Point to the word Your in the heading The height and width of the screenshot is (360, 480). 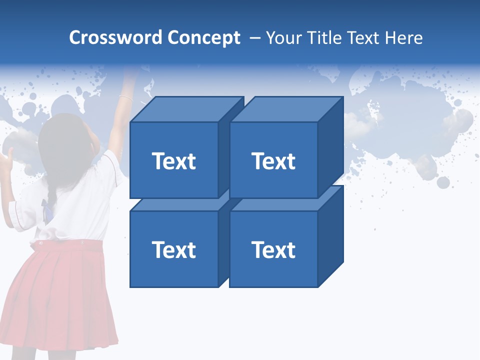click(x=284, y=38)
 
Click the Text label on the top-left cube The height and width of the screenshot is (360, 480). click(x=174, y=161)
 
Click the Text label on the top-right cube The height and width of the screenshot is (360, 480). click(x=273, y=161)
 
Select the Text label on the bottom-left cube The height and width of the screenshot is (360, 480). click(x=174, y=249)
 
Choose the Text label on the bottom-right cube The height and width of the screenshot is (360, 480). click(x=273, y=249)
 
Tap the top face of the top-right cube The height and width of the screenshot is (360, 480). click(x=285, y=109)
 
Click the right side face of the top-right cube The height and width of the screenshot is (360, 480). click(x=330, y=147)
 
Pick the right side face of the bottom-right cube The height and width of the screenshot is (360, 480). click(x=330, y=237)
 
